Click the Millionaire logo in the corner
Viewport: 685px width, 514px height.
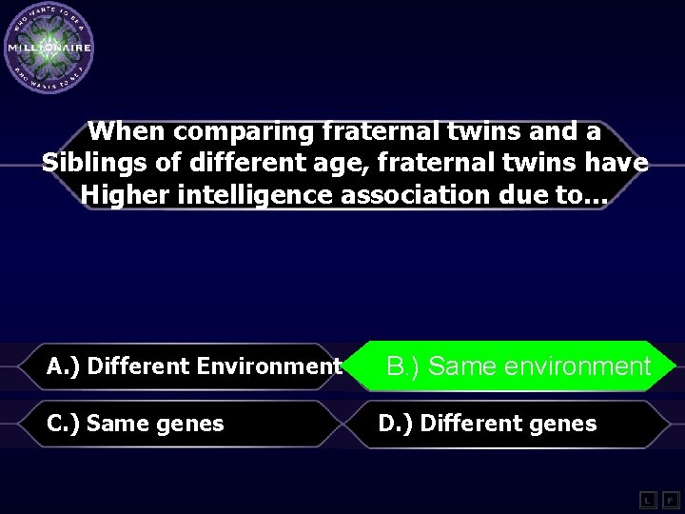pyautogui.click(x=49, y=48)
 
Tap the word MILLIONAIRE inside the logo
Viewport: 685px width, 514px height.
pyautogui.click(x=49, y=47)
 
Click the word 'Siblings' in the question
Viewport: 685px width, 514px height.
pyautogui.click(x=94, y=163)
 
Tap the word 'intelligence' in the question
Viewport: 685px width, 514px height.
pyautogui.click(x=251, y=194)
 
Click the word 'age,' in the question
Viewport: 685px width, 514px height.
pyautogui.click(x=342, y=164)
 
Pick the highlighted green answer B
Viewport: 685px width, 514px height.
pyautogui.click(x=519, y=366)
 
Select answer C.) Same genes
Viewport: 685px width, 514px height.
pyautogui.click(x=135, y=424)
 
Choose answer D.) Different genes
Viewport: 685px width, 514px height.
pyautogui.click(x=487, y=424)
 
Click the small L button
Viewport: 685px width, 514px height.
pyautogui.click(x=647, y=500)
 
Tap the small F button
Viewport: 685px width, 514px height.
pyautogui.click(x=671, y=500)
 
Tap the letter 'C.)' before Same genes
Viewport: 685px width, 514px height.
pyautogui.click(x=63, y=424)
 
